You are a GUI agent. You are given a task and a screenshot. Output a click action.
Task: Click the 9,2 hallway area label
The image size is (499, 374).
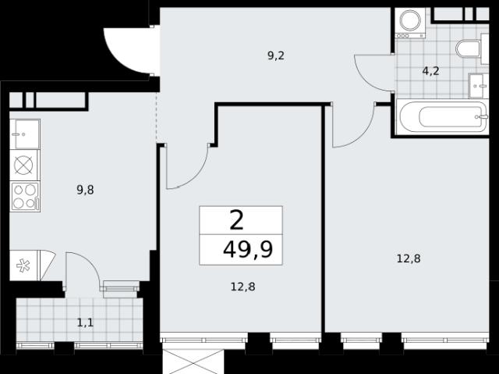[x=275, y=56]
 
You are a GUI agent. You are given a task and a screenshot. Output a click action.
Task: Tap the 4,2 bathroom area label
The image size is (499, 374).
[x=430, y=71]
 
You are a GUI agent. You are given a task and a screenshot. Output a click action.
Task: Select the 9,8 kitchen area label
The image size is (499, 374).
[x=85, y=191]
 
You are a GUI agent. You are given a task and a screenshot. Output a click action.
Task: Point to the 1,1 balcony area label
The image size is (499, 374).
[x=85, y=323]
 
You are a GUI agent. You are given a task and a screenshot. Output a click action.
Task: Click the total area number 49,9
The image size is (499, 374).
[x=248, y=249]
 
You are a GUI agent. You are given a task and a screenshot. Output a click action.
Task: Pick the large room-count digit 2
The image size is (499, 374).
[x=236, y=221]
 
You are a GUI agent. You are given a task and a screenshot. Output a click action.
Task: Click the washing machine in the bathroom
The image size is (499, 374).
[x=411, y=23]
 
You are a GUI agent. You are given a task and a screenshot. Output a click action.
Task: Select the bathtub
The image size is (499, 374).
[x=442, y=116]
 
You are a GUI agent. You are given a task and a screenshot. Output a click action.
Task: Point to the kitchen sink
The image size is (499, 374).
[x=24, y=134]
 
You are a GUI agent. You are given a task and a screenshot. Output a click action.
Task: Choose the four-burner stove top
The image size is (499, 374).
[x=24, y=197]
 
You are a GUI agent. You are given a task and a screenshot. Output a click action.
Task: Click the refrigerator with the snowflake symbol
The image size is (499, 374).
[x=23, y=265]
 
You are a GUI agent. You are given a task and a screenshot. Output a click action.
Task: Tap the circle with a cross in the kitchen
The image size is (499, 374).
[x=23, y=166]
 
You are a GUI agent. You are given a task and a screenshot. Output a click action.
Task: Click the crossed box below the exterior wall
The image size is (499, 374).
[x=193, y=362]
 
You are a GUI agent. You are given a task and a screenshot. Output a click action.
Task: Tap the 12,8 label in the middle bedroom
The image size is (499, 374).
[x=242, y=287]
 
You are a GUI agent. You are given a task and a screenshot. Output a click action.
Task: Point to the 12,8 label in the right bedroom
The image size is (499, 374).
[x=409, y=258]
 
